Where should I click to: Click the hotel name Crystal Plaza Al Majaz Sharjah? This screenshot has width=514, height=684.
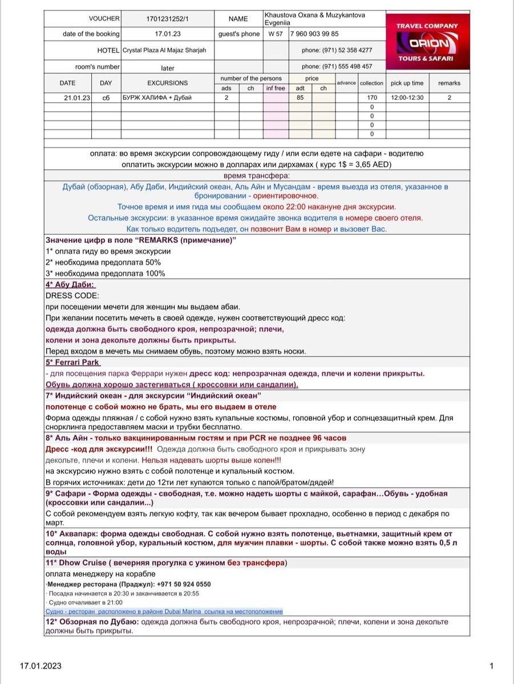pyautogui.click(x=164, y=50)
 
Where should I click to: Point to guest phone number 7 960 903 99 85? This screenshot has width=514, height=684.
pyautogui.click(x=314, y=34)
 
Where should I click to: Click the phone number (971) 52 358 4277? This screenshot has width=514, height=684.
pyautogui.click(x=337, y=50)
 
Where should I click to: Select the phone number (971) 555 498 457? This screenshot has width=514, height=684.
pyautogui.click(x=337, y=67)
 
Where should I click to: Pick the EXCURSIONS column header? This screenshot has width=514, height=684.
pyautogui.click(x=167, y=83)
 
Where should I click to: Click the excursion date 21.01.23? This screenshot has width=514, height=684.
pyautogui.click(x=77, y=98)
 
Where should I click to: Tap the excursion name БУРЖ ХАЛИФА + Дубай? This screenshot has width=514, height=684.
pyautogui.click(x=157, y=98)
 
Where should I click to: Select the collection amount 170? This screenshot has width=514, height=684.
pyautogui.click(x=372, y=98)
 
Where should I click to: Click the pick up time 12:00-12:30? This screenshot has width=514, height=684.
pyautogui.click(x=407, y=98)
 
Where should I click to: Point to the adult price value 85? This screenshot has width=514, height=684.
pyautogui.click(x=300, y=98)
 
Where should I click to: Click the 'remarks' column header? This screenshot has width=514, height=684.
pyautogui.click(x=449, y=83)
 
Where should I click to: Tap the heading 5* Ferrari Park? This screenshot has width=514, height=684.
pyautogui.click(x=73, y=362)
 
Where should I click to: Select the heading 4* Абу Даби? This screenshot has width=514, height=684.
pyautogui.click(x=71, y=285)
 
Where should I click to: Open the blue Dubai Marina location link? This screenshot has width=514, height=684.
pyautogui.click(x=164, y=611)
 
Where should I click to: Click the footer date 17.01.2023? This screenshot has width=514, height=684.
pyautogui.click(x=41, y=666)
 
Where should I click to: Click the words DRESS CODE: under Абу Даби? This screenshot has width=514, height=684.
pyautogui.click(x=72, y=296)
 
